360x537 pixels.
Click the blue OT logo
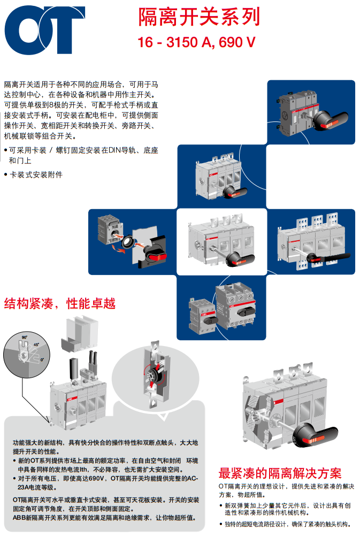pyautogui.click(x=44, y=30)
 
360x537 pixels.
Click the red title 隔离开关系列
pyautogui.click(x=199, y=17)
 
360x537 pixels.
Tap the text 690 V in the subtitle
pyautogui.click(x=237, y=42)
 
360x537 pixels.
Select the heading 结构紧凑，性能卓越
pyautogui.click(x=59, y=303)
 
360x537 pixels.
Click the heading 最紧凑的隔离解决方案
pyautogui.click(x=280, y=473)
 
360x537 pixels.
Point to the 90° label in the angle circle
pyautogui.click(x=25, y=337)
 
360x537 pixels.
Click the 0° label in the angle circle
pyautogui.click(x=42, y=359)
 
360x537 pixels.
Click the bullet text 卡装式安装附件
pyautogui.click(x=36, y=175)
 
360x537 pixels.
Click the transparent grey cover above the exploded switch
pyautogui.click(x=80, y=334)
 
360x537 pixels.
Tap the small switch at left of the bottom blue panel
pyautogui.click(x=203, y=316)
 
